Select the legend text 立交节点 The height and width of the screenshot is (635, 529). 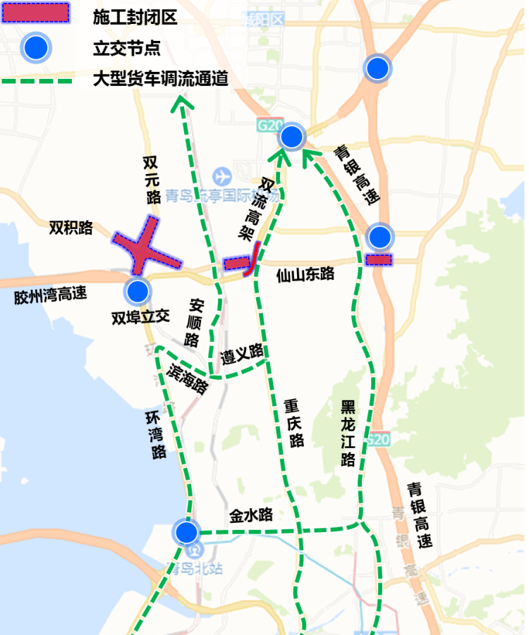pyautogui.click(x=126, y=48)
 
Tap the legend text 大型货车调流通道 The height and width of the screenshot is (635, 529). pyautogui.click(x=161, y=79)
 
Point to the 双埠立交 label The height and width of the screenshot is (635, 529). pyautogui.click(x=140, y=317)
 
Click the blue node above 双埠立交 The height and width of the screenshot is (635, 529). pyautogui.click(x=137, y=290)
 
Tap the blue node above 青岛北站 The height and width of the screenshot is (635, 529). pyautogui.click(x=188, y=532)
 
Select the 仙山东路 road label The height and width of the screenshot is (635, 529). pyautogui.click(x=305, y=274)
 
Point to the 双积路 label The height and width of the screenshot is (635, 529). pyautogui.click(x=71, y=228)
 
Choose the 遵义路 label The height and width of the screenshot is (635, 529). pyautogui.click(x=241, y=350)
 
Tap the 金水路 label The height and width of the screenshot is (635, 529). pyautogui.click(x=251, y=515)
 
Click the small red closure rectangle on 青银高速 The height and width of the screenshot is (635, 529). pyautogui.click(x=379, y=259)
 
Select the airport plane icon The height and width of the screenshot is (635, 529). pyautogui.click(x=221, y=174)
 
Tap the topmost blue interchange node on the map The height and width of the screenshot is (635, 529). pyautogui.click(x=377, y=68)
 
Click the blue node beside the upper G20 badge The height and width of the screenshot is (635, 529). pyautogui.click(x=291, y=137)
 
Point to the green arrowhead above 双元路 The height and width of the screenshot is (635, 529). pyautogui.click(x=183, y=104)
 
